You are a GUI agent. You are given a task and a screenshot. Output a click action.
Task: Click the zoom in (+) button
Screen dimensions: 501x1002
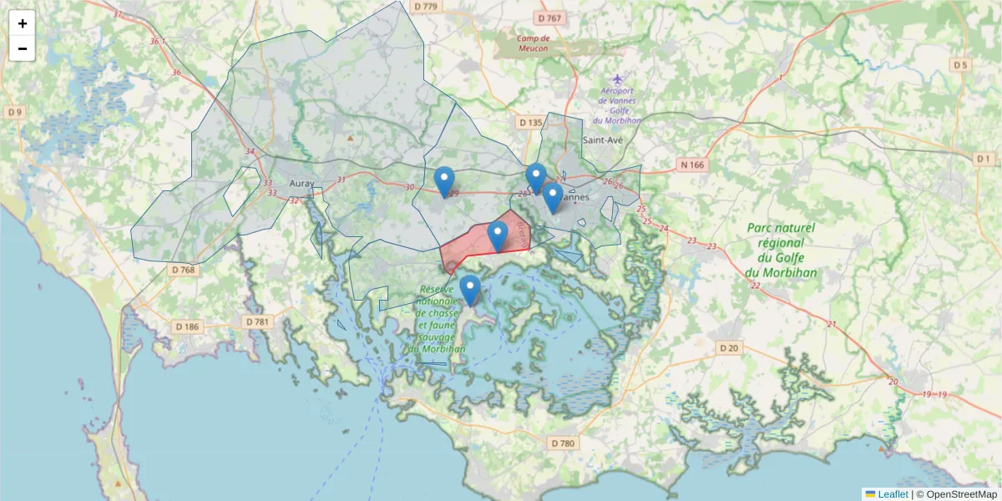[x=22, y=24]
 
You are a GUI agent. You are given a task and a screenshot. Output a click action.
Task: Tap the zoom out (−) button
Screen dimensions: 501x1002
[x=22, y=48]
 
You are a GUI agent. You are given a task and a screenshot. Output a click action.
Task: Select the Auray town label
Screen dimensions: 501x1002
[x=301, y=183]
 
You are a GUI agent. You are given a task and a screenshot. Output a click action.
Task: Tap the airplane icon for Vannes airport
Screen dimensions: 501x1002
[x=617, y=80]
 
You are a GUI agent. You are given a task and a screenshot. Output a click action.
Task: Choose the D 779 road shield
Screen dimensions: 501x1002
[x=425, y=7]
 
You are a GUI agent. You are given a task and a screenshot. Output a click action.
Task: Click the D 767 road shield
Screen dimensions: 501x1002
[x=550, y=18]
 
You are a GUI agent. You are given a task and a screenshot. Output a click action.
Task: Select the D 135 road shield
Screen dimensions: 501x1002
[x=530, y=123]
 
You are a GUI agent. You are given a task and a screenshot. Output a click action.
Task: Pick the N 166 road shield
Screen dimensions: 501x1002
[x=692, y=164]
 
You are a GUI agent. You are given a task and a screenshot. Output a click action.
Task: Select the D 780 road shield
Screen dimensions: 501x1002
[x=564, y=443]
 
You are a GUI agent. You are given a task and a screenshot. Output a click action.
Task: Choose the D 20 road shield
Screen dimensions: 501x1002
[x=729, y=347]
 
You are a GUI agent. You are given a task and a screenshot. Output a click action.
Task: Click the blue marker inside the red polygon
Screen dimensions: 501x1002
[x=498, y=236]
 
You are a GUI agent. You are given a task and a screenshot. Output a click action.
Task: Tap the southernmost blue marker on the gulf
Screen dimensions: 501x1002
[x=471, y=290]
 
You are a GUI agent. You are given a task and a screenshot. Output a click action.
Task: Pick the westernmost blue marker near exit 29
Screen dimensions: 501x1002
[x=445, y=181]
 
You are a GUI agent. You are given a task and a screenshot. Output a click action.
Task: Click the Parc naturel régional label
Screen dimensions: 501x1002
[x=781, y=250]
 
